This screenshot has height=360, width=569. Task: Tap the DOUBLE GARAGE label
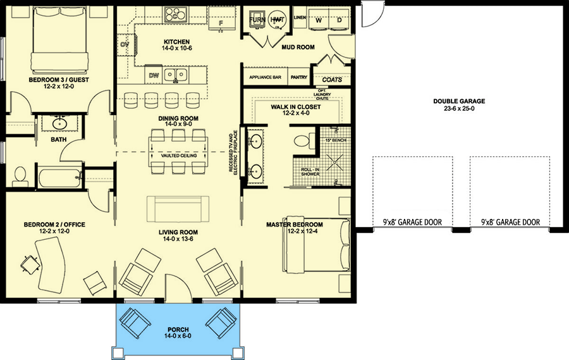458,101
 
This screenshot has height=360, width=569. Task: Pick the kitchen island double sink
176,75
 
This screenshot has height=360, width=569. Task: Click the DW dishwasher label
153,75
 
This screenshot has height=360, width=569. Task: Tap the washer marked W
318,20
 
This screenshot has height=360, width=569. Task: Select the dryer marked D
339,20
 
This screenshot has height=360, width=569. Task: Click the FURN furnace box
257,20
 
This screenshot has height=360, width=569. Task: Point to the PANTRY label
298,78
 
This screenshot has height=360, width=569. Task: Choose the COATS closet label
332,80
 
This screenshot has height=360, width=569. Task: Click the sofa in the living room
178,208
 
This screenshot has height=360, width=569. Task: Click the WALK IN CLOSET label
296,107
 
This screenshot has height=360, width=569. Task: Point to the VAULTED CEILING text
179,156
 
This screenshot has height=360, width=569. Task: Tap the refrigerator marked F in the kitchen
221,23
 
